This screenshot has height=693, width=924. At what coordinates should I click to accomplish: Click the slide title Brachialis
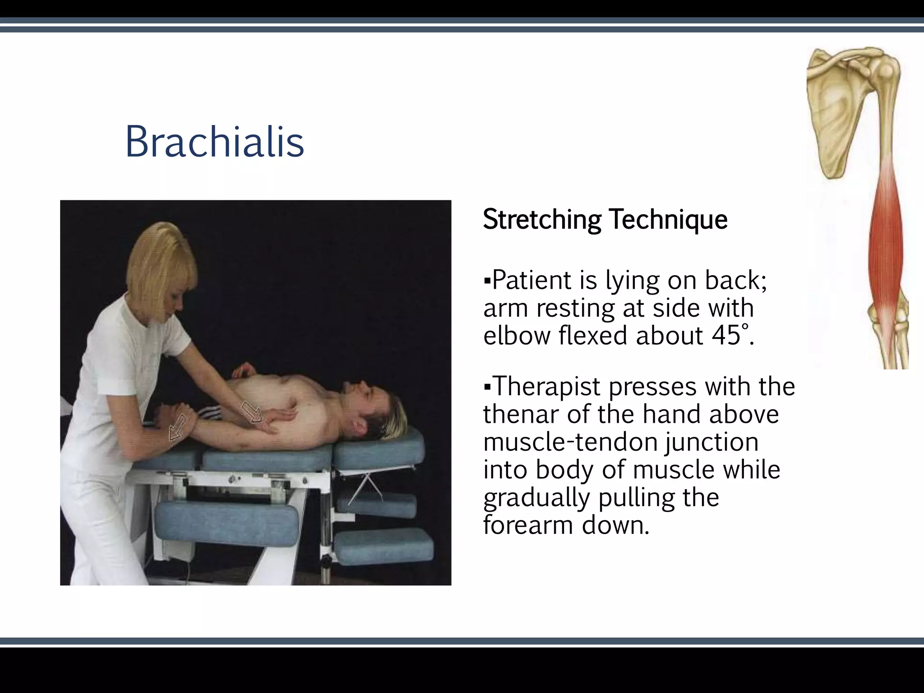214,142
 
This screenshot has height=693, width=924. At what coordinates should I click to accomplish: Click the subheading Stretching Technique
605,220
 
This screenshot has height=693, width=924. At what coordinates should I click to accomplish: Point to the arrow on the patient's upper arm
252,411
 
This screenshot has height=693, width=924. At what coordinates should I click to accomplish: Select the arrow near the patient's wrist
178,427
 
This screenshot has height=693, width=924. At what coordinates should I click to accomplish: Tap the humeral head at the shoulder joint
886,72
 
